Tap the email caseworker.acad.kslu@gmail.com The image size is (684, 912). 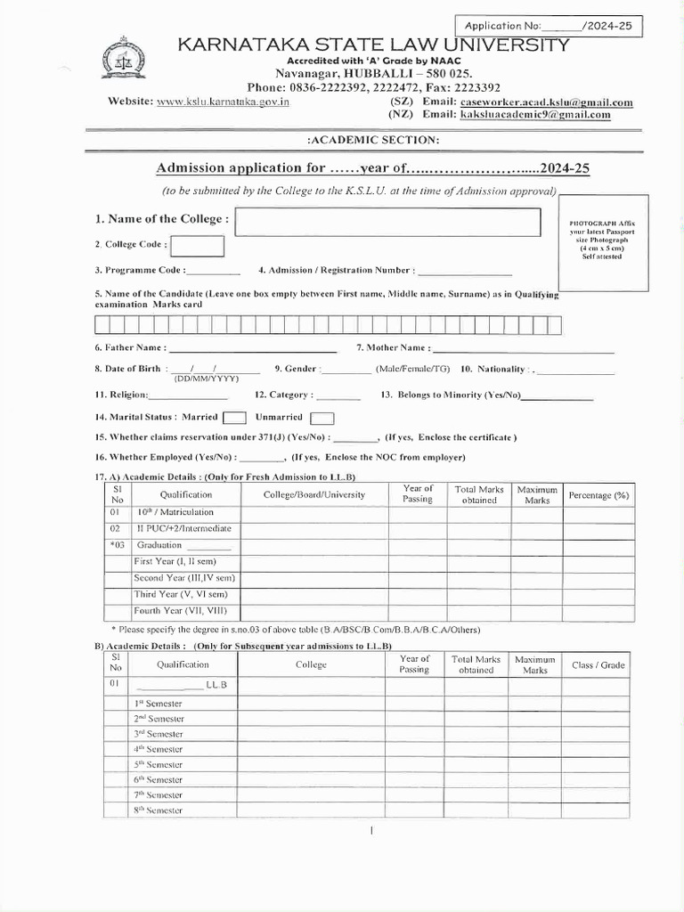coord(546,102)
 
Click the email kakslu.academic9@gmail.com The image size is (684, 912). coord(535,115)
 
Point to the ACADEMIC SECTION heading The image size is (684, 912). coord(372,140)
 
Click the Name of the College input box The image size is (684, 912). coord(388,222)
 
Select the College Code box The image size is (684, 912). coord(197,246)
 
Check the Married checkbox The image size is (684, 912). coord(234,418)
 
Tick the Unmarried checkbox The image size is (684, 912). coord(322,418)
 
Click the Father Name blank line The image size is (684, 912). coord(253,348)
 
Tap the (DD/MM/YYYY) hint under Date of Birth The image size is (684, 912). coord(200,379)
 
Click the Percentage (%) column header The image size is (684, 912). coord(598,494)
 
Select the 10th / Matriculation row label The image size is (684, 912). coord(175,512)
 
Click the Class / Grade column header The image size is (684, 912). coord(598,664)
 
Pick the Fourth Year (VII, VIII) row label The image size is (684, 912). coord(180,611)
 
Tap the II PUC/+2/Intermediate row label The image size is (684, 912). coord(183,528)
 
